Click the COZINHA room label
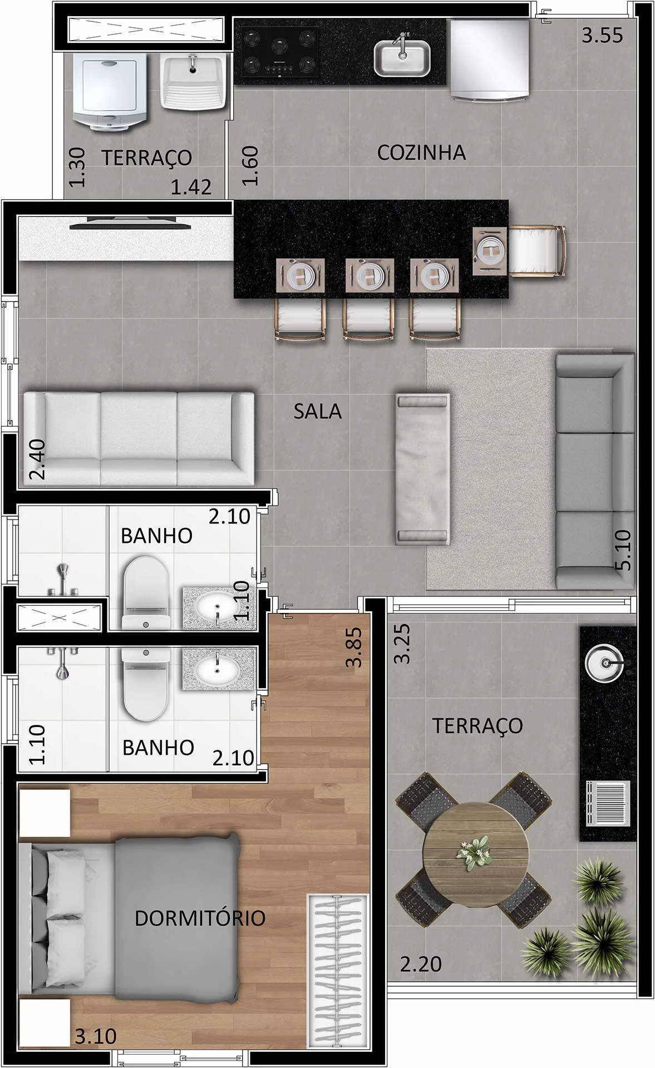pos(421,152)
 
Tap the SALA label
pos(317,411)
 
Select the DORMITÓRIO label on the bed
pos(200,918)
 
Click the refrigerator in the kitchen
pos(489,60)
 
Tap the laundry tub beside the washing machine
pos(193,81)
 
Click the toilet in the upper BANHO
pos(145,592)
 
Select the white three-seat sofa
pos(138,438)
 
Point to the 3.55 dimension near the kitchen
pos(603,36)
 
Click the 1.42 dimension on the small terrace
pos(191,187)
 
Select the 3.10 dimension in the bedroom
pos(96,1037)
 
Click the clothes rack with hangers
pos(338,971)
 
